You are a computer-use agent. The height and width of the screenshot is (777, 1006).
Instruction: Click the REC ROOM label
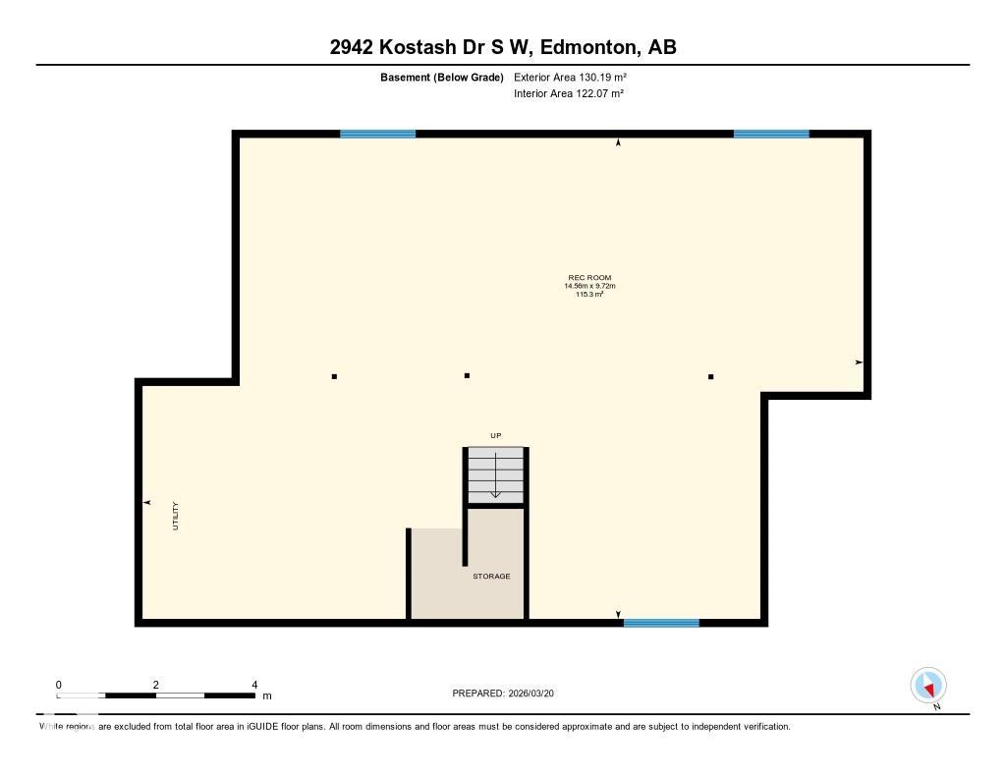(x=589, y=278)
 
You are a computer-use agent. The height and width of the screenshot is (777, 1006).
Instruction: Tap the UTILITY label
(x=175, y=516)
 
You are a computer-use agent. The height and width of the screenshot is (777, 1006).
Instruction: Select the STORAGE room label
(x=491, y=577)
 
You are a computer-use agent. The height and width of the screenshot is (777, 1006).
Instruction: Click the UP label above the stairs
(x=496, y=436)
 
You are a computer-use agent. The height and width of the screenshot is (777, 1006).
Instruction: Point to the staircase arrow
(x=495, y=475)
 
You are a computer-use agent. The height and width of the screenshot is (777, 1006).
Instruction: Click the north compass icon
(x=928, y=686)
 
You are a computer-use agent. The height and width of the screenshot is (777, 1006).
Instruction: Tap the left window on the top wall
(x=378, y=135)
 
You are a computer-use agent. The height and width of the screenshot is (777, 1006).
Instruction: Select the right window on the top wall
(x=771, y=135)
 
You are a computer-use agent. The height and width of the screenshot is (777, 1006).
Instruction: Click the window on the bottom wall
(x=661, y=623)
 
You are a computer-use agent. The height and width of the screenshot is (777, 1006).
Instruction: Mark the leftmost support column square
(x=334, y=376)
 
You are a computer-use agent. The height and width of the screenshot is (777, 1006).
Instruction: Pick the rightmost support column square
(x=711, y=376)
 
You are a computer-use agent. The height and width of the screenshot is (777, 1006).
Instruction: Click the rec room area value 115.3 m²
(x=589, y=295)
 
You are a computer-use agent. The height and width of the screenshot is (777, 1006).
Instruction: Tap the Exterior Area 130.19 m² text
(x=570, y=77)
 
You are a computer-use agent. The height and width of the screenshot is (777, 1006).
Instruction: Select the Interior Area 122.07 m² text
(x=569, y=93)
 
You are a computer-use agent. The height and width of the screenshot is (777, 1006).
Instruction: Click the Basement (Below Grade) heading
(x=442, y=78)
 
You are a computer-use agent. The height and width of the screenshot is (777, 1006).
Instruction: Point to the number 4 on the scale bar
(x=254, y=685)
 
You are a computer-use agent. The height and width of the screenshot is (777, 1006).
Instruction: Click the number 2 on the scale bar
(x=156, y=685)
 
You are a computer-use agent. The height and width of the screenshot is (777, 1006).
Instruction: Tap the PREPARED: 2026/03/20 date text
(x=503, y=693)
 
